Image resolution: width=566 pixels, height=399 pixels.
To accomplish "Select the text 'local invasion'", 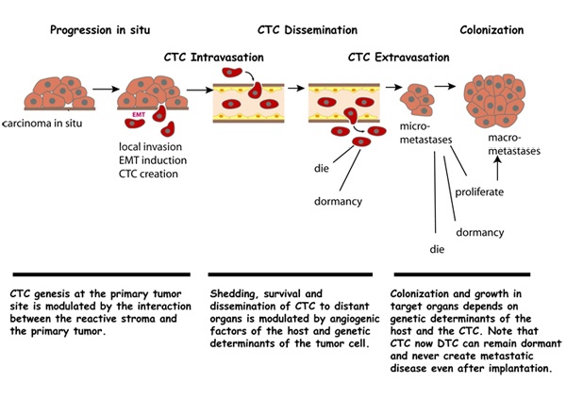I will coord(153,146).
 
